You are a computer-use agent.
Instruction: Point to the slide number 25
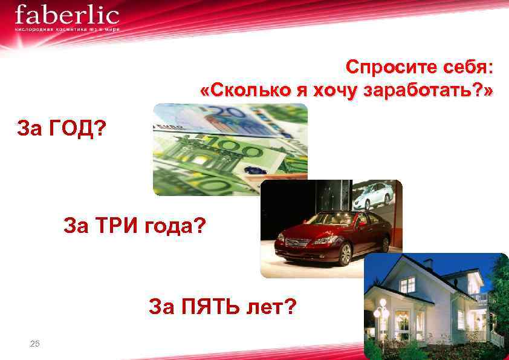pyautogui.click(x=34, y=344)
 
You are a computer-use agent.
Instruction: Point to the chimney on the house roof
pyautogui.click(x=428, y=264)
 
